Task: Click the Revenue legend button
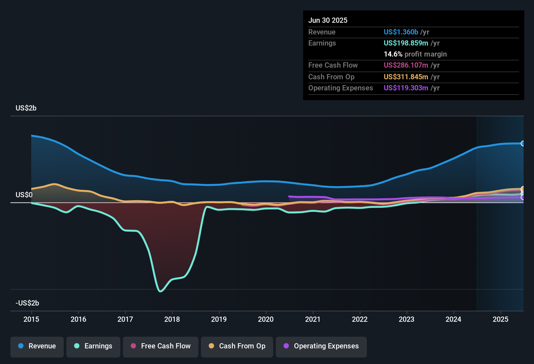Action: pyautogui.click(x=37, y=346)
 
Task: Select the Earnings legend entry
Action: pyautogui.click(x=93, y=346)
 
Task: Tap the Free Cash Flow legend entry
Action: pyautogui.click(x=161, y=346)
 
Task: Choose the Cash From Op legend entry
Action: pyautogui.click(x=237, y=346)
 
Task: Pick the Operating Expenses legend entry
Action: pyautogui.click(x=321, y=346)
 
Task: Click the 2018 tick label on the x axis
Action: pyautogui.click(x=172, y=319)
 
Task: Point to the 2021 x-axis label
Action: pyautogui.click(x=313, y=319)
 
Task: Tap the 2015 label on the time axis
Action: pyautogui.click(x=31, y=319)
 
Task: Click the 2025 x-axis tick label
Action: pyautogui.click(x=501, y=319)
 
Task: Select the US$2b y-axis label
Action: pyautogui.click(x=26, y=108)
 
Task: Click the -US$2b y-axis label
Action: pyautogui.click(x=27, y=303)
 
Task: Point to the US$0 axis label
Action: pyautogui.click(x=24, y=195)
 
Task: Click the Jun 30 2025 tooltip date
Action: pyautogui.click(x=328, y=20)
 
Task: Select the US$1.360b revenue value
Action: pyautogui.click(x=401, y=32)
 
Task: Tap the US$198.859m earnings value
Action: pyautogui.click(x=406, y=43)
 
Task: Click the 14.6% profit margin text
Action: pyautogui.click(x=415, y=54)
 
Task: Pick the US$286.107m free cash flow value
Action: pyautogui.click(x=406, y=65)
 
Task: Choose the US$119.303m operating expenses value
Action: pyautogui.click(x=406, y=88)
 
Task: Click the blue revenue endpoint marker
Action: pyautogui.click(x=523, y=143)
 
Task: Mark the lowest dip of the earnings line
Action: pyautogui.click(x=160, y=291)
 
